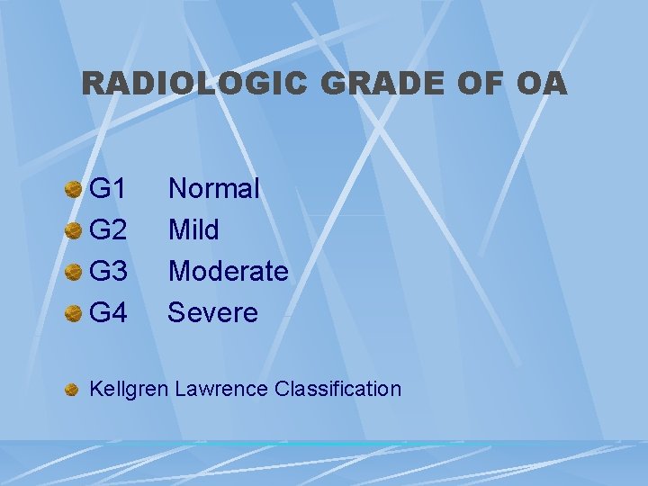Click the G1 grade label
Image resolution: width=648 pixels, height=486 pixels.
(109, 189)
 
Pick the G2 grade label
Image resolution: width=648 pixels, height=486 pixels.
(109, 230)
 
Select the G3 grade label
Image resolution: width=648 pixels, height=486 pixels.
(109, 272)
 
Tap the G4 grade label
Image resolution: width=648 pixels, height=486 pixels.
(109, 313)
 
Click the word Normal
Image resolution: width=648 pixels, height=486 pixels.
(214, 189)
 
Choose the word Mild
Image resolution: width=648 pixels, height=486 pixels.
(193, 230)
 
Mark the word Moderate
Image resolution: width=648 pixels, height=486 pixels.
(229, 272)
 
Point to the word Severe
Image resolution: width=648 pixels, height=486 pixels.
(213, 313)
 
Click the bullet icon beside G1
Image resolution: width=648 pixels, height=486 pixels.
(74, 190)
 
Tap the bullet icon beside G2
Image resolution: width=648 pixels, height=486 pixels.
(74, 231)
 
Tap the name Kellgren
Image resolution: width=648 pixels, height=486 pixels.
(129, 390)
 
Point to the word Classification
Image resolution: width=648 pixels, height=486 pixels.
(338, 390)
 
